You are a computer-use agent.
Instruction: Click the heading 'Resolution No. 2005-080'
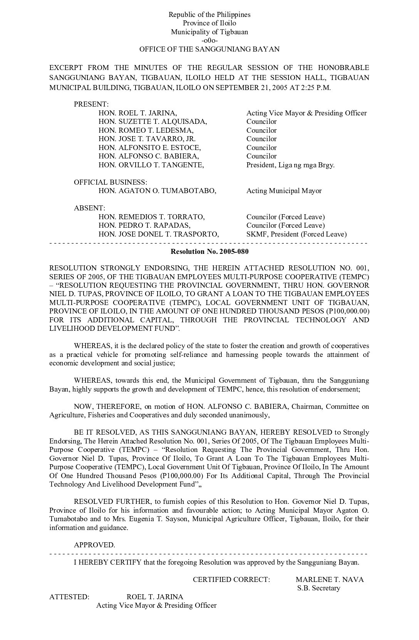pos(209,252)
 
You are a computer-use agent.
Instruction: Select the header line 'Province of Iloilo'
pos(209,23)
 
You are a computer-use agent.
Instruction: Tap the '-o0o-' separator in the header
pos(209,40)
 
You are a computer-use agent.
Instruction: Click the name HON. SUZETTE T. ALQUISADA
pos(153,122)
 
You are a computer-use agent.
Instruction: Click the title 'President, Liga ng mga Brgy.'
pos(290,165)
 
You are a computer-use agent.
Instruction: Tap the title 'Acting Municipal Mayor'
pos(284,191)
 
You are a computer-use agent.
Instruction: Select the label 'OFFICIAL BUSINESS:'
pos(111,182)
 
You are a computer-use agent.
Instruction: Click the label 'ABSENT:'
pos(89,208)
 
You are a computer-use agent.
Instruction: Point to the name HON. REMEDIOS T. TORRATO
pos(152,217)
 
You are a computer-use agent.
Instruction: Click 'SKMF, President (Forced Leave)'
pos(297,234)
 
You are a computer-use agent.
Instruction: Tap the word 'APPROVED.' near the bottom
pos(94,545)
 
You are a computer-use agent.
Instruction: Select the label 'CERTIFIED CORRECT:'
pos(231,580)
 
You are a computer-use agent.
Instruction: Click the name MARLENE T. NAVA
pos(330,580)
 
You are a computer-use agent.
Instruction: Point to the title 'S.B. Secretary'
pos(318,588)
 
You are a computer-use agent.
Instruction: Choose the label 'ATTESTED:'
pos(69,597)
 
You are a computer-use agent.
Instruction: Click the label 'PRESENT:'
pos(91,104)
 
